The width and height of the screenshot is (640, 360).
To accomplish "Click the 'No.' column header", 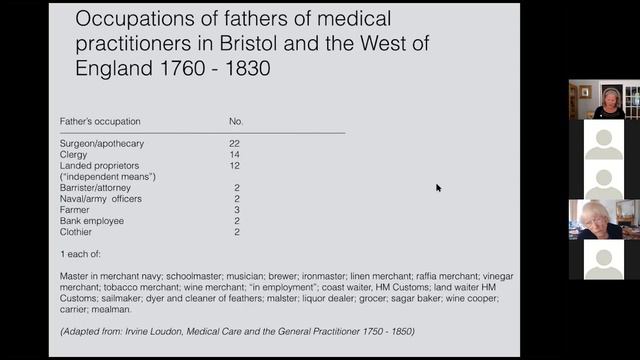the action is point(236,121).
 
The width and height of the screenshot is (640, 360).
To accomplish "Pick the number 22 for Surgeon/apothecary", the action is point(234,144).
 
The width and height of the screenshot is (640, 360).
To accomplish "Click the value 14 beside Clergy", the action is point(234,155).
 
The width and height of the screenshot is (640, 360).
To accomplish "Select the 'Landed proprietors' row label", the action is point(99,166).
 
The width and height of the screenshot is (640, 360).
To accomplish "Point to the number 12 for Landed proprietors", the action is point(234,166).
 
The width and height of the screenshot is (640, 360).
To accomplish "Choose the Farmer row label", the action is point(75,209).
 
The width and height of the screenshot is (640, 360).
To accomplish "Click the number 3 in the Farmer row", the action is point(236,209).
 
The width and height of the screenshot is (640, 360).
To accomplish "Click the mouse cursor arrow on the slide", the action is point(438,187).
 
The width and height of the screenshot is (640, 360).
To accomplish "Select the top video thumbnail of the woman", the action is point(604,100).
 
